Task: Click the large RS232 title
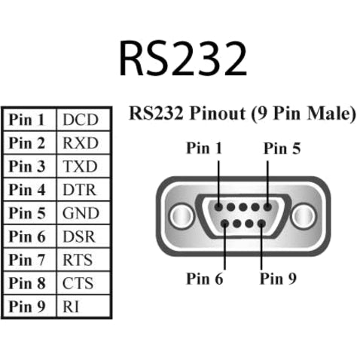183,57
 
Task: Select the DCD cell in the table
81,120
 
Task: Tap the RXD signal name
81,143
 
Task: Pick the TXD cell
81,166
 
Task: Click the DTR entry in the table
81,190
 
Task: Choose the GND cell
81,213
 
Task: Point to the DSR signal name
81,236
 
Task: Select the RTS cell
80,260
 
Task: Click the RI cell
72,307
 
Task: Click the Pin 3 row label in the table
29,166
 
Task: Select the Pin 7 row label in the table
29,260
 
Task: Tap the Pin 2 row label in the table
29,143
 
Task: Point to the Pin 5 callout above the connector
282,148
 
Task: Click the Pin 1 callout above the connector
205,148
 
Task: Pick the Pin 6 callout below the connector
205,279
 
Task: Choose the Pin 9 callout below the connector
278,279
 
